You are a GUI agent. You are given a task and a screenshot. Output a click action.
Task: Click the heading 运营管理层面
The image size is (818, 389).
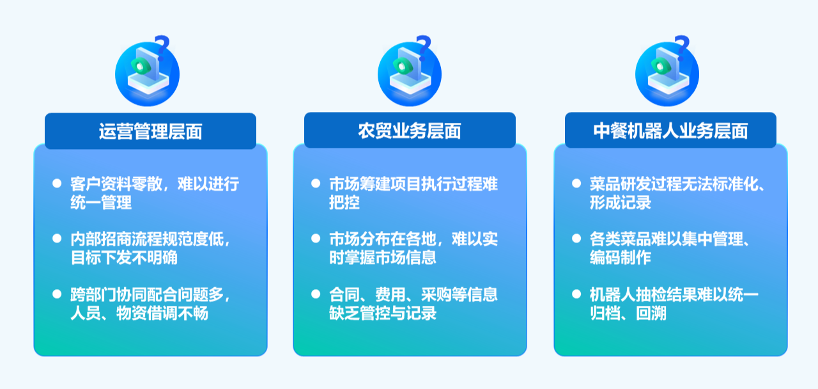coord(150,131)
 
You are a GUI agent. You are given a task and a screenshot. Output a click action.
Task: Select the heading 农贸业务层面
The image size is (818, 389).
coord(409,131)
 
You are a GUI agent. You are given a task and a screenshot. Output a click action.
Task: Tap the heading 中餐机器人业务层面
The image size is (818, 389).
coord(670,131)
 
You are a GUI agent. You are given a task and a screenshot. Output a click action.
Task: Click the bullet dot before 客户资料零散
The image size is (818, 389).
coord(56,184)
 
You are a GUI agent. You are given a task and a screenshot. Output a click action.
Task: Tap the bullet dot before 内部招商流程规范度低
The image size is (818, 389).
coord(56,239)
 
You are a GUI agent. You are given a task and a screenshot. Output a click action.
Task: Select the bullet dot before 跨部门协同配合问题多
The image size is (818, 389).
coord(56,294)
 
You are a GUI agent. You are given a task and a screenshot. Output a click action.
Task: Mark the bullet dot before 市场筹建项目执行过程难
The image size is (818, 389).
coord(316,184)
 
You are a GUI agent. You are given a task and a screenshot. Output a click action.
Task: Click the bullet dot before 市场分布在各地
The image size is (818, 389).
coord(316,239)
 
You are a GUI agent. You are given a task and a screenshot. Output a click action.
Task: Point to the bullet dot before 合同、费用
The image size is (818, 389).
coord(316,294)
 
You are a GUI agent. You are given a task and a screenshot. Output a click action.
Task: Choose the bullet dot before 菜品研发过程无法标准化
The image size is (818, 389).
coord(576,184)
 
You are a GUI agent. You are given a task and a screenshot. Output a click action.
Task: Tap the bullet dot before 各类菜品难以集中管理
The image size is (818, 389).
coord(576,239)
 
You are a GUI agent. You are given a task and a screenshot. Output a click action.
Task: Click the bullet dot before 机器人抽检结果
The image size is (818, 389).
coord(576,294)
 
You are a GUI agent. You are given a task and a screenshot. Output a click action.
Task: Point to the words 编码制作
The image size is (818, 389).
coord(620,258)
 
